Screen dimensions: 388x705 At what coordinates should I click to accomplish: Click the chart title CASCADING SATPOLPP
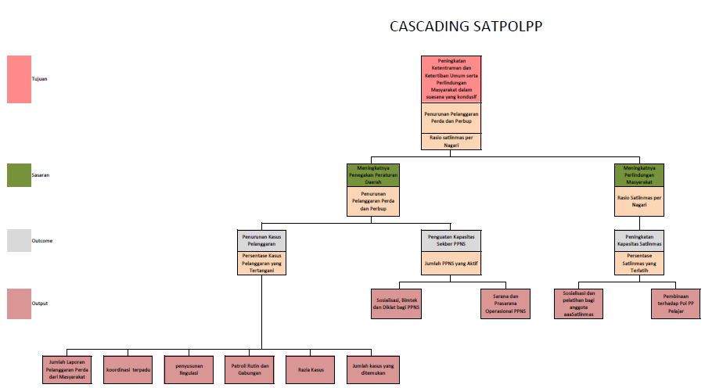(x=466, y=27)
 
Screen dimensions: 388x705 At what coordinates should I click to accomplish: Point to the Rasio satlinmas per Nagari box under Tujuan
(x=451, y=141)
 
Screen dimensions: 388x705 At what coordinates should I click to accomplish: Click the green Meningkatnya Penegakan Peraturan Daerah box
(x=373, y=174)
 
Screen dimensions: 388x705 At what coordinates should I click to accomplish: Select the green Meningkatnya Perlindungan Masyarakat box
(x=639, y=174)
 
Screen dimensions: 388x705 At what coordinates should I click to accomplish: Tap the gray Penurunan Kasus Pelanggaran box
(x=262, y=239)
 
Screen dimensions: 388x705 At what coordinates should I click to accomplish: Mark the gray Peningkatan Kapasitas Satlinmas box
(x=639, y=239)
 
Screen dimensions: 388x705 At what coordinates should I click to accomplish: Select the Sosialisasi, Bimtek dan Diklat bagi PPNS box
(x=396, y=304)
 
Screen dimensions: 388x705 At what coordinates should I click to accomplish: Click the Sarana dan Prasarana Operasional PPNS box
(x=505, y=304)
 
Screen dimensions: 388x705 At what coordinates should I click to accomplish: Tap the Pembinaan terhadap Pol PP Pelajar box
(x=674, y=304)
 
